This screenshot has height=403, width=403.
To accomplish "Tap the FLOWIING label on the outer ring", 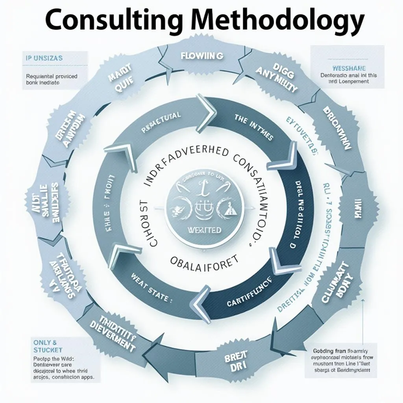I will pyautogui.click(x=202, y=56).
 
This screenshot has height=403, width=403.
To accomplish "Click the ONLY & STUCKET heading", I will pyautogui.click(x=46, y=346).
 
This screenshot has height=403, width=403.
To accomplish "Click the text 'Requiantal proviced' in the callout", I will pyautogui.click(x=52, y=76).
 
